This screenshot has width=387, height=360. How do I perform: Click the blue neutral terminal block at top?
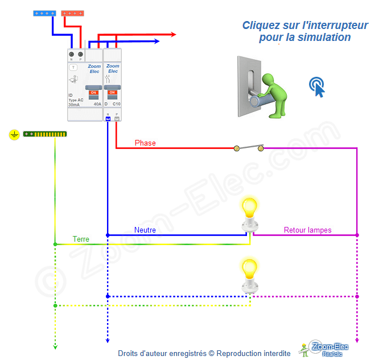44,13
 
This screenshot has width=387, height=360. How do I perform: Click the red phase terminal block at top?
72,13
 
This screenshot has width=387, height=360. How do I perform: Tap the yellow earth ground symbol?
15,134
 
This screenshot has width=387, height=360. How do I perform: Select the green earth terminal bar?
45,134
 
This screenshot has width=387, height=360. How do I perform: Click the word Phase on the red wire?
145,143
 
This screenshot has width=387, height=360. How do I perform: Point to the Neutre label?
145,230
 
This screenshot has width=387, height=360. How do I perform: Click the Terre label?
81,239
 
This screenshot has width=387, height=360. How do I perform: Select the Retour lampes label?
308,230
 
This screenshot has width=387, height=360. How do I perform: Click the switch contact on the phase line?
249,148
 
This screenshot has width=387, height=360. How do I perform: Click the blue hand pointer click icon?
318,86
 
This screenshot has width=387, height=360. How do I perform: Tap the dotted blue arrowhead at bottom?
108,341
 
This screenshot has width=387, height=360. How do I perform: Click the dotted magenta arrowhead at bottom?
357,341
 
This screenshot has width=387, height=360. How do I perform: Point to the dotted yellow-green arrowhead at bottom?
55,345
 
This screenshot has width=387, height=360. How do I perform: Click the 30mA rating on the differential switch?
74,105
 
